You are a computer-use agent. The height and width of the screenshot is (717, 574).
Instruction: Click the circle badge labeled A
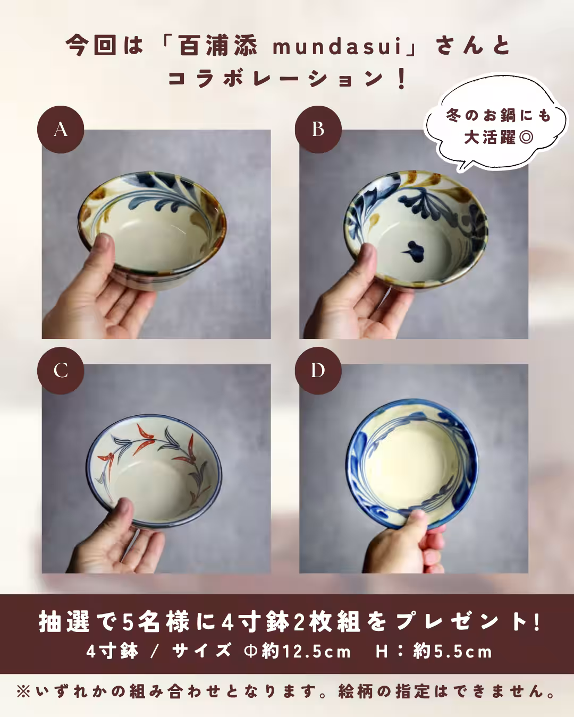[61, 130]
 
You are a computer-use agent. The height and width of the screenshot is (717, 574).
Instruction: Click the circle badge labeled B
[318, 129]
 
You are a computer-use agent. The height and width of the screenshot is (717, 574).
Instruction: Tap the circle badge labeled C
[61, 370]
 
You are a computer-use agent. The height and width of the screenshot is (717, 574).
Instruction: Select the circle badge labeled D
[318, 370]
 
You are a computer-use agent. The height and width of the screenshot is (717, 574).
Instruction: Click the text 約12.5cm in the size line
[306, 651]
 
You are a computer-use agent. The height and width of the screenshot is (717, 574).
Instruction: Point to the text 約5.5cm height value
[453, 651]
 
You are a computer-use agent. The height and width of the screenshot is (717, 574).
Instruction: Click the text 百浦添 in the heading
[218, 47]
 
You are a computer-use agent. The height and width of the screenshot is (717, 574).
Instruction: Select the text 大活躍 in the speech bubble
[489, 138]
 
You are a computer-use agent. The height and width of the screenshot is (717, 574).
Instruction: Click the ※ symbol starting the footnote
[24, 692]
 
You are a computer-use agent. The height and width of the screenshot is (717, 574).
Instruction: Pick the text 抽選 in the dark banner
[64, 622]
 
